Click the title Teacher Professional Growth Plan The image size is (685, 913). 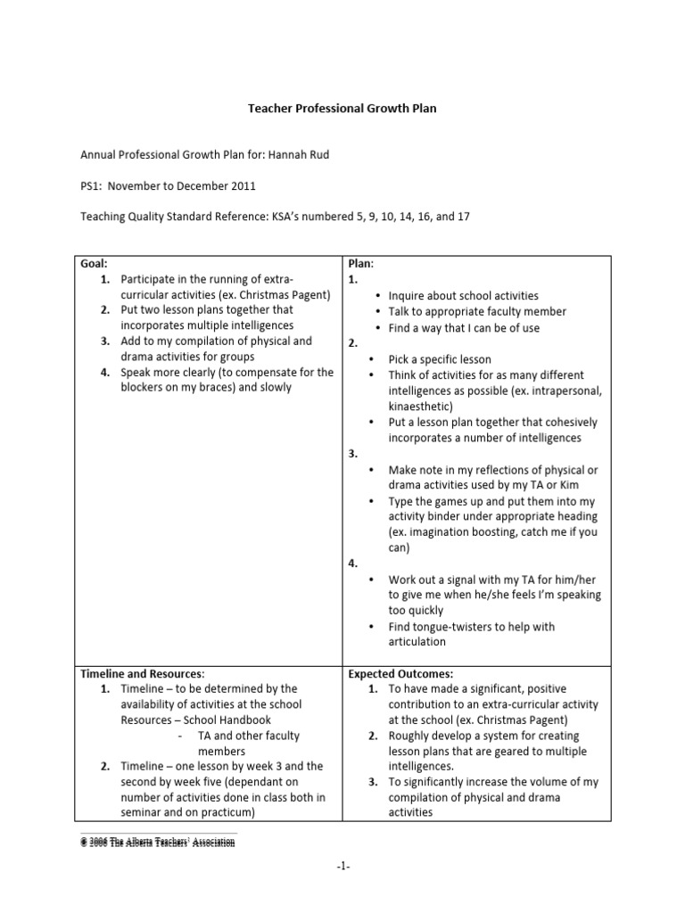point(342,109)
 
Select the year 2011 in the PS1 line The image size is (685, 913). point(243,186)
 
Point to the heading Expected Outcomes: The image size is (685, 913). point(400,674)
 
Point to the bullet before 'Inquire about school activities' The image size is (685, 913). point(378,296)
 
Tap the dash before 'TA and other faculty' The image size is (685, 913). point(180,736)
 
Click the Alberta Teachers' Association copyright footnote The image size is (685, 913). point(158,842)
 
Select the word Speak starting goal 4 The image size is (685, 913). point(136,372)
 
